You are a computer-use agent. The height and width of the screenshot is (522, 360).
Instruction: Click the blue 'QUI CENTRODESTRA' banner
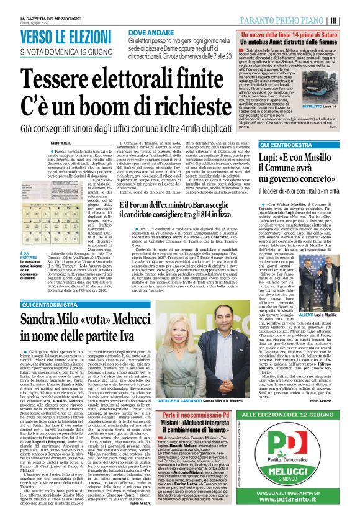[x=286, y=145]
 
